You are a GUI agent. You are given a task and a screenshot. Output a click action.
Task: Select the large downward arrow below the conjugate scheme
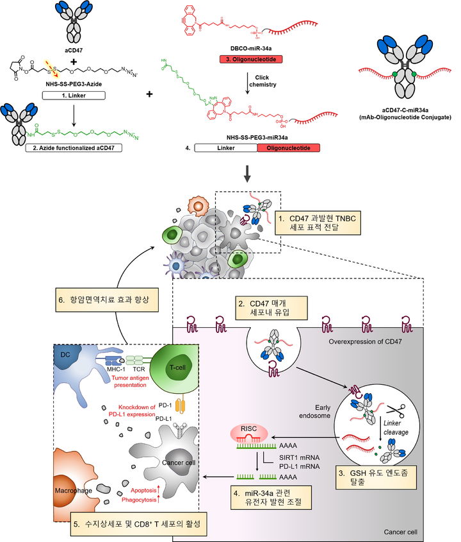point(230,176)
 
